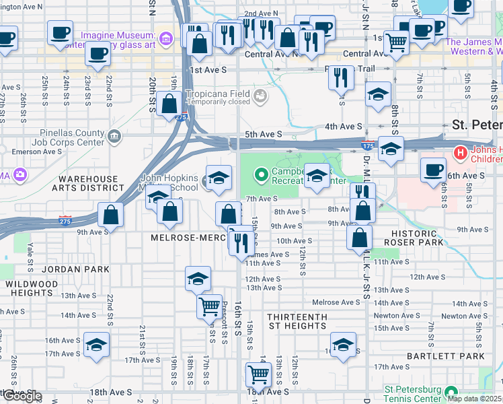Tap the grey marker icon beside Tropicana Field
point(260,98)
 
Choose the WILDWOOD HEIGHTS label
point(32,289)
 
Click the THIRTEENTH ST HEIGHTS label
point(297,321)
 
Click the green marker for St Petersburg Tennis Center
point(451,391)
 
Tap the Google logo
point(22,396)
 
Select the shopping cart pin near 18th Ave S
point(258,373)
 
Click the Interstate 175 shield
point(367,145)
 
